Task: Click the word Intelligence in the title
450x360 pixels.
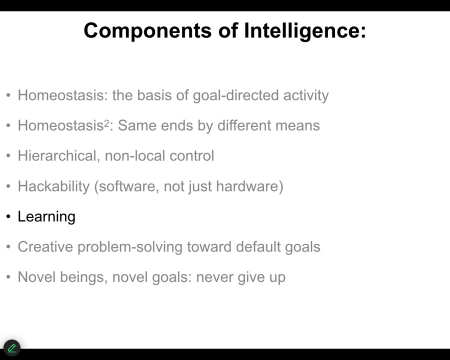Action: point(305,31)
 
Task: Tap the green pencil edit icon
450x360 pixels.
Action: point(12,348)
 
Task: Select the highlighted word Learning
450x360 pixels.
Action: point(46,216)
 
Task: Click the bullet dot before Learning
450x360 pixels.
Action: point(8,216)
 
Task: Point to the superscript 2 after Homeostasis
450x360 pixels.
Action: point(106,123)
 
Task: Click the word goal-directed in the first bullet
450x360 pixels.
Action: point(235,95)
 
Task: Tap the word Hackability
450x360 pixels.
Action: point(53,186)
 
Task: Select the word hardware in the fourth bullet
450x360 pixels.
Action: point(248,186)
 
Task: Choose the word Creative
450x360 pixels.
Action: point(45,247)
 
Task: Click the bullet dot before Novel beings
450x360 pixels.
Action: point(8,277)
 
